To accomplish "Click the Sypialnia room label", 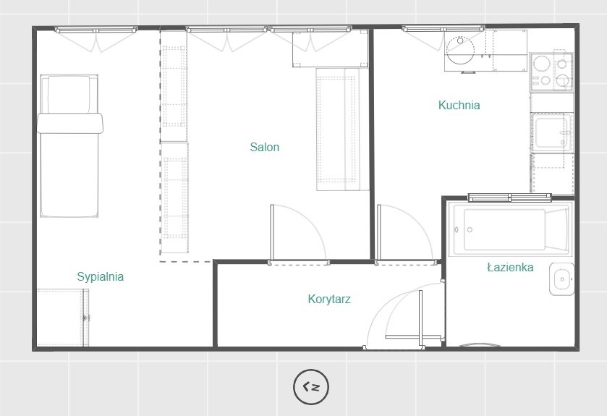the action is pos(101,276).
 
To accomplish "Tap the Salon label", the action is pos(264,147).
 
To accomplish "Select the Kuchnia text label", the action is pos(459,105).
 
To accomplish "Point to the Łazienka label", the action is pos(510,267).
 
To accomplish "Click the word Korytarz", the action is pos(329,299).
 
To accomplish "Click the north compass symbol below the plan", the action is pos(311,386).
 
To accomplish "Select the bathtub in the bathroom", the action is pos(510,229).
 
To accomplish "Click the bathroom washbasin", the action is pos(561,279).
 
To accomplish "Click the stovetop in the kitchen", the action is pos(551,72).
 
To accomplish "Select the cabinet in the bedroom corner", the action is pos(63,318).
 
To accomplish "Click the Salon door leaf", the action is pos(272,234).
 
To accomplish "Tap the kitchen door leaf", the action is pos(379,234).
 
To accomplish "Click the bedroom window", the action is pos(95,30).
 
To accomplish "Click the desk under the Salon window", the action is pos(330,48).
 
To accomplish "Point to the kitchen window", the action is pos(443,28).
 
